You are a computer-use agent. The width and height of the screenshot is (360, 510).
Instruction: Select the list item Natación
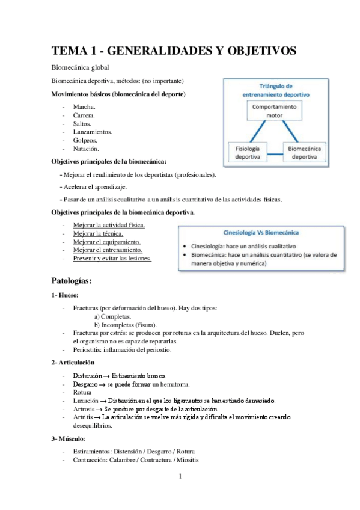pos(86,149)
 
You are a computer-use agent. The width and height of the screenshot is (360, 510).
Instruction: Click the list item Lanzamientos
pos(93,132)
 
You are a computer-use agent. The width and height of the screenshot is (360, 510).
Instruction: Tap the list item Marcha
pos(84,106)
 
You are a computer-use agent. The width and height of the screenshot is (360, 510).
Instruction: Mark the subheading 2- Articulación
pos(73,363)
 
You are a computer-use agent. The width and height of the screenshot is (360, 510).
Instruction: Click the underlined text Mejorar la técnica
pos(98,233)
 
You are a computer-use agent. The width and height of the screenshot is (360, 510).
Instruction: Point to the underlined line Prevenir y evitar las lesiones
pos(112,259)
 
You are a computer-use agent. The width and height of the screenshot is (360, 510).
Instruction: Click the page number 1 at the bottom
pos(180,478)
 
